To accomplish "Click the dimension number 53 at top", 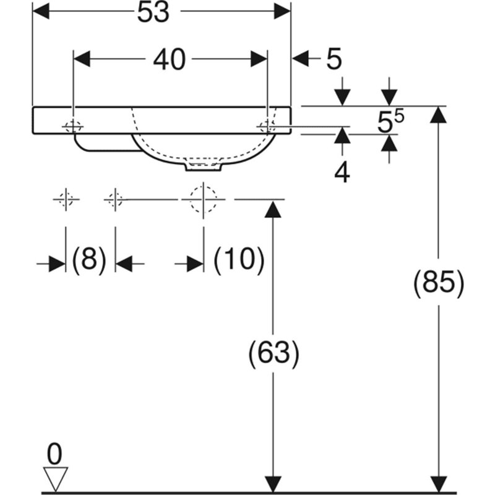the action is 153,12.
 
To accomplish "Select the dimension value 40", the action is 169,59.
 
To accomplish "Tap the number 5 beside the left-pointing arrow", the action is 334,59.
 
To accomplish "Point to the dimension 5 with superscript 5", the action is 390,121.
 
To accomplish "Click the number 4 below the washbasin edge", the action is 342,173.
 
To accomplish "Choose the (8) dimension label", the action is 89,260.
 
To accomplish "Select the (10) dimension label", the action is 239,260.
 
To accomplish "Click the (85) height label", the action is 439,283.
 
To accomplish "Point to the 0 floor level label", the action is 54,454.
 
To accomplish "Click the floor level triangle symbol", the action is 55,479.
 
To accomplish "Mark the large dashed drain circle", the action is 204,199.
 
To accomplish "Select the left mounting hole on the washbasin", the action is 73,127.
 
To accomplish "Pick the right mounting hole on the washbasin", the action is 267,127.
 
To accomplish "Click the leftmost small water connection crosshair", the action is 66,199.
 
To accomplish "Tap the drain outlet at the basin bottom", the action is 204,167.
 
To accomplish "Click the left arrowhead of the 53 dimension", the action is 41,11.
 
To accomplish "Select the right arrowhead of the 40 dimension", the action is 259,59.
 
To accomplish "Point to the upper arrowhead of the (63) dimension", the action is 273,210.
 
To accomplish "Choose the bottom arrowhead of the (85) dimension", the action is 439,484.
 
